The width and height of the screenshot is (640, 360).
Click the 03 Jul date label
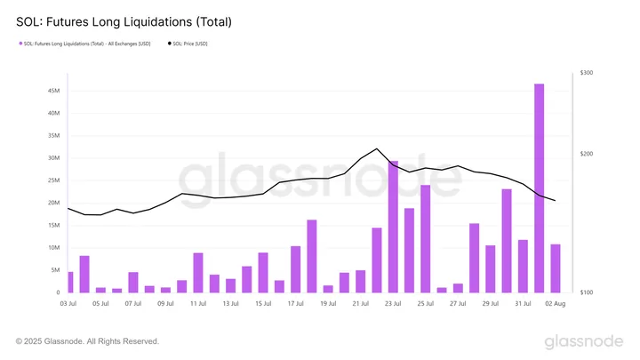68,303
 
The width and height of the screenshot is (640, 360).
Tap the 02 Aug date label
555,303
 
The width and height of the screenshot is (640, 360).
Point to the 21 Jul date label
360,303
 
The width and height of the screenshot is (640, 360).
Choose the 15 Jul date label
263,303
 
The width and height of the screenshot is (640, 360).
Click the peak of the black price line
377,148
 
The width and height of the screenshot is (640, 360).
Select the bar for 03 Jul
70,282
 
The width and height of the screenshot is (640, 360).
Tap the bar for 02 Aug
556,268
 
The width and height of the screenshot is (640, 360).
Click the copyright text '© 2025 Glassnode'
88,341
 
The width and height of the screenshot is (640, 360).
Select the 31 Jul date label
523,303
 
